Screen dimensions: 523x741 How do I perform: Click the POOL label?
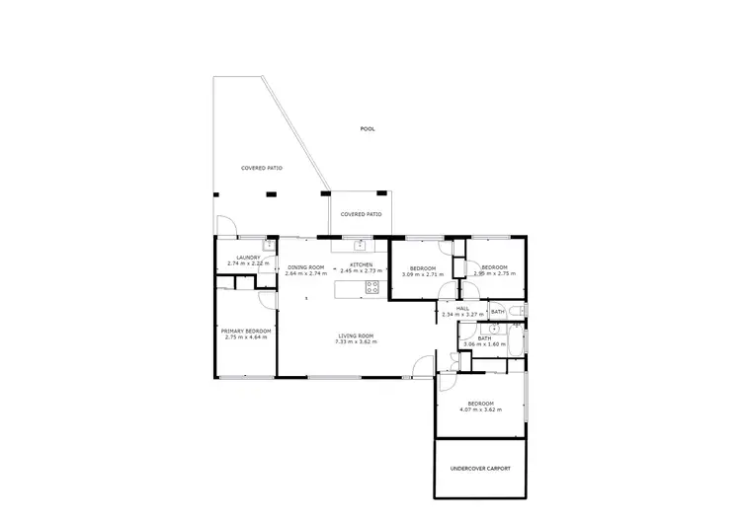coord(368,129)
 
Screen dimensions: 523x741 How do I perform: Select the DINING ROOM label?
coord(305,267)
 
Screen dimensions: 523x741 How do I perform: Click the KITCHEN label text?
coord(361,267)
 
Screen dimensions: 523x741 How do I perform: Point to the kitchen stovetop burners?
coord(372,287)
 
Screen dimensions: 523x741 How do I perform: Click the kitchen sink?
coord(361,244)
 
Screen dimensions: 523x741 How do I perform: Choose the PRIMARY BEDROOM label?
coord(246,332)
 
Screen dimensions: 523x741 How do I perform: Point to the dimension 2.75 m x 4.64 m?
coord(246,337)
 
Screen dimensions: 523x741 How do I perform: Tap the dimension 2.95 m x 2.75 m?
coord(494,273)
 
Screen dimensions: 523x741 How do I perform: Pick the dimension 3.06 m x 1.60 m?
coord(484,343)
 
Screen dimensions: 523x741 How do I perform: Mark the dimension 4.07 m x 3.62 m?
coord(480,410)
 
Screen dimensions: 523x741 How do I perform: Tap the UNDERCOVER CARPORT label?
coord(480,468)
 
